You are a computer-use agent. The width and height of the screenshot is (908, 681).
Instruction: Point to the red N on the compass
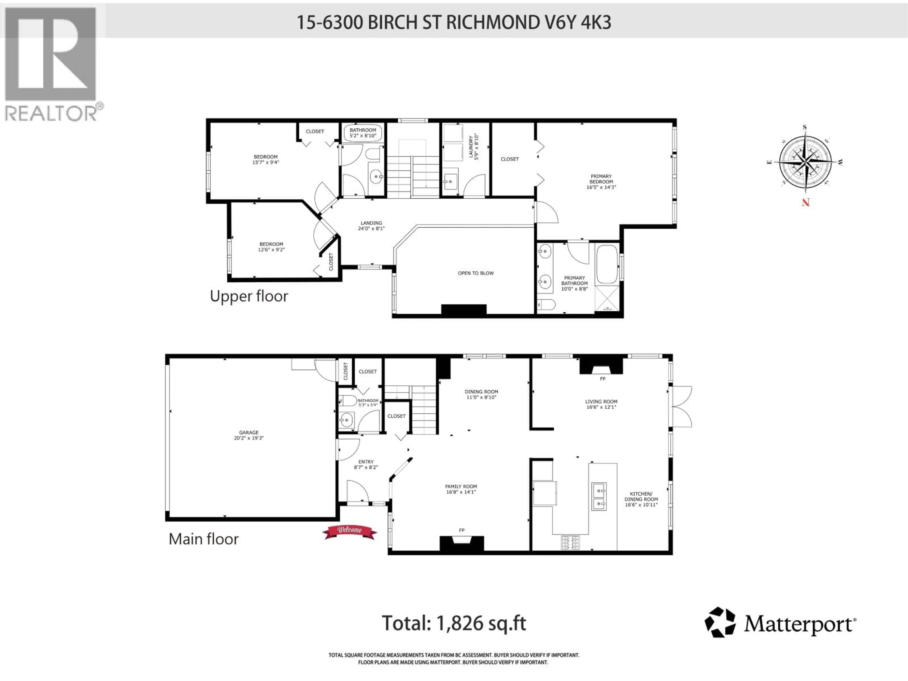click(805, 202)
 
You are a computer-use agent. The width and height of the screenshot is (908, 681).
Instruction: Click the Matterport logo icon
click(720, 622)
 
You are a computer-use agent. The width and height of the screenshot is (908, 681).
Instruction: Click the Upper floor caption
click(249, 296)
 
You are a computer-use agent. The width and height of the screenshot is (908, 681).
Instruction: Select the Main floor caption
click(204, 539)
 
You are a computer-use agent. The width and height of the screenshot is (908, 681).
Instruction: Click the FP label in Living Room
click(602, 379)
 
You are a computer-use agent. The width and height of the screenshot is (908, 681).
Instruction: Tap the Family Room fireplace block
click(462, 543)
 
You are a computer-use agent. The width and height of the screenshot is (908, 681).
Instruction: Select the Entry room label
click(366, 464)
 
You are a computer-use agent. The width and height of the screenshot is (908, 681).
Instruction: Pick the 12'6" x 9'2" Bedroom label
click(271, 247)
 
